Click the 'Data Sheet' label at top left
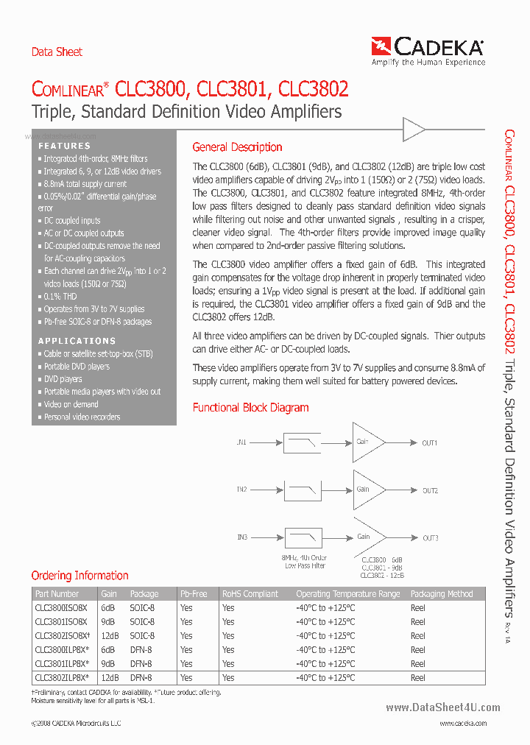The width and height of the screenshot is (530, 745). click(57, 52)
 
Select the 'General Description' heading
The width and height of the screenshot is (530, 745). click(237, 147)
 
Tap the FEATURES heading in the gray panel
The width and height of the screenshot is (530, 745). click(64, 146)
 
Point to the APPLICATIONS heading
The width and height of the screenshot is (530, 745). click(77, 341)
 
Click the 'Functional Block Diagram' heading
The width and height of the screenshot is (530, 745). click(250, 407)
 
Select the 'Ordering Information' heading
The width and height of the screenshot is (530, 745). click(79, 576)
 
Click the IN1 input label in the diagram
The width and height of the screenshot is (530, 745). click(241, 442)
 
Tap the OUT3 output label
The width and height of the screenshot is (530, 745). click(430, 538)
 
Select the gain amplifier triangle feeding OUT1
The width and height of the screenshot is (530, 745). click(367, 442)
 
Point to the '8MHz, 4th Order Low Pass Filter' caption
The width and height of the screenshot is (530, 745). click(305, 562)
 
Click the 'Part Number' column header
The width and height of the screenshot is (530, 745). click(57, 593)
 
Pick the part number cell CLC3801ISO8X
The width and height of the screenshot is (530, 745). click(60, 621)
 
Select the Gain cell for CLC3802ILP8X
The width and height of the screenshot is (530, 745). click(110, 677)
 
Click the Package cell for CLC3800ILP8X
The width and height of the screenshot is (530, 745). click(141, 649)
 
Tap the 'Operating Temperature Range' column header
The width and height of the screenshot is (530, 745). click(347, 593)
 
